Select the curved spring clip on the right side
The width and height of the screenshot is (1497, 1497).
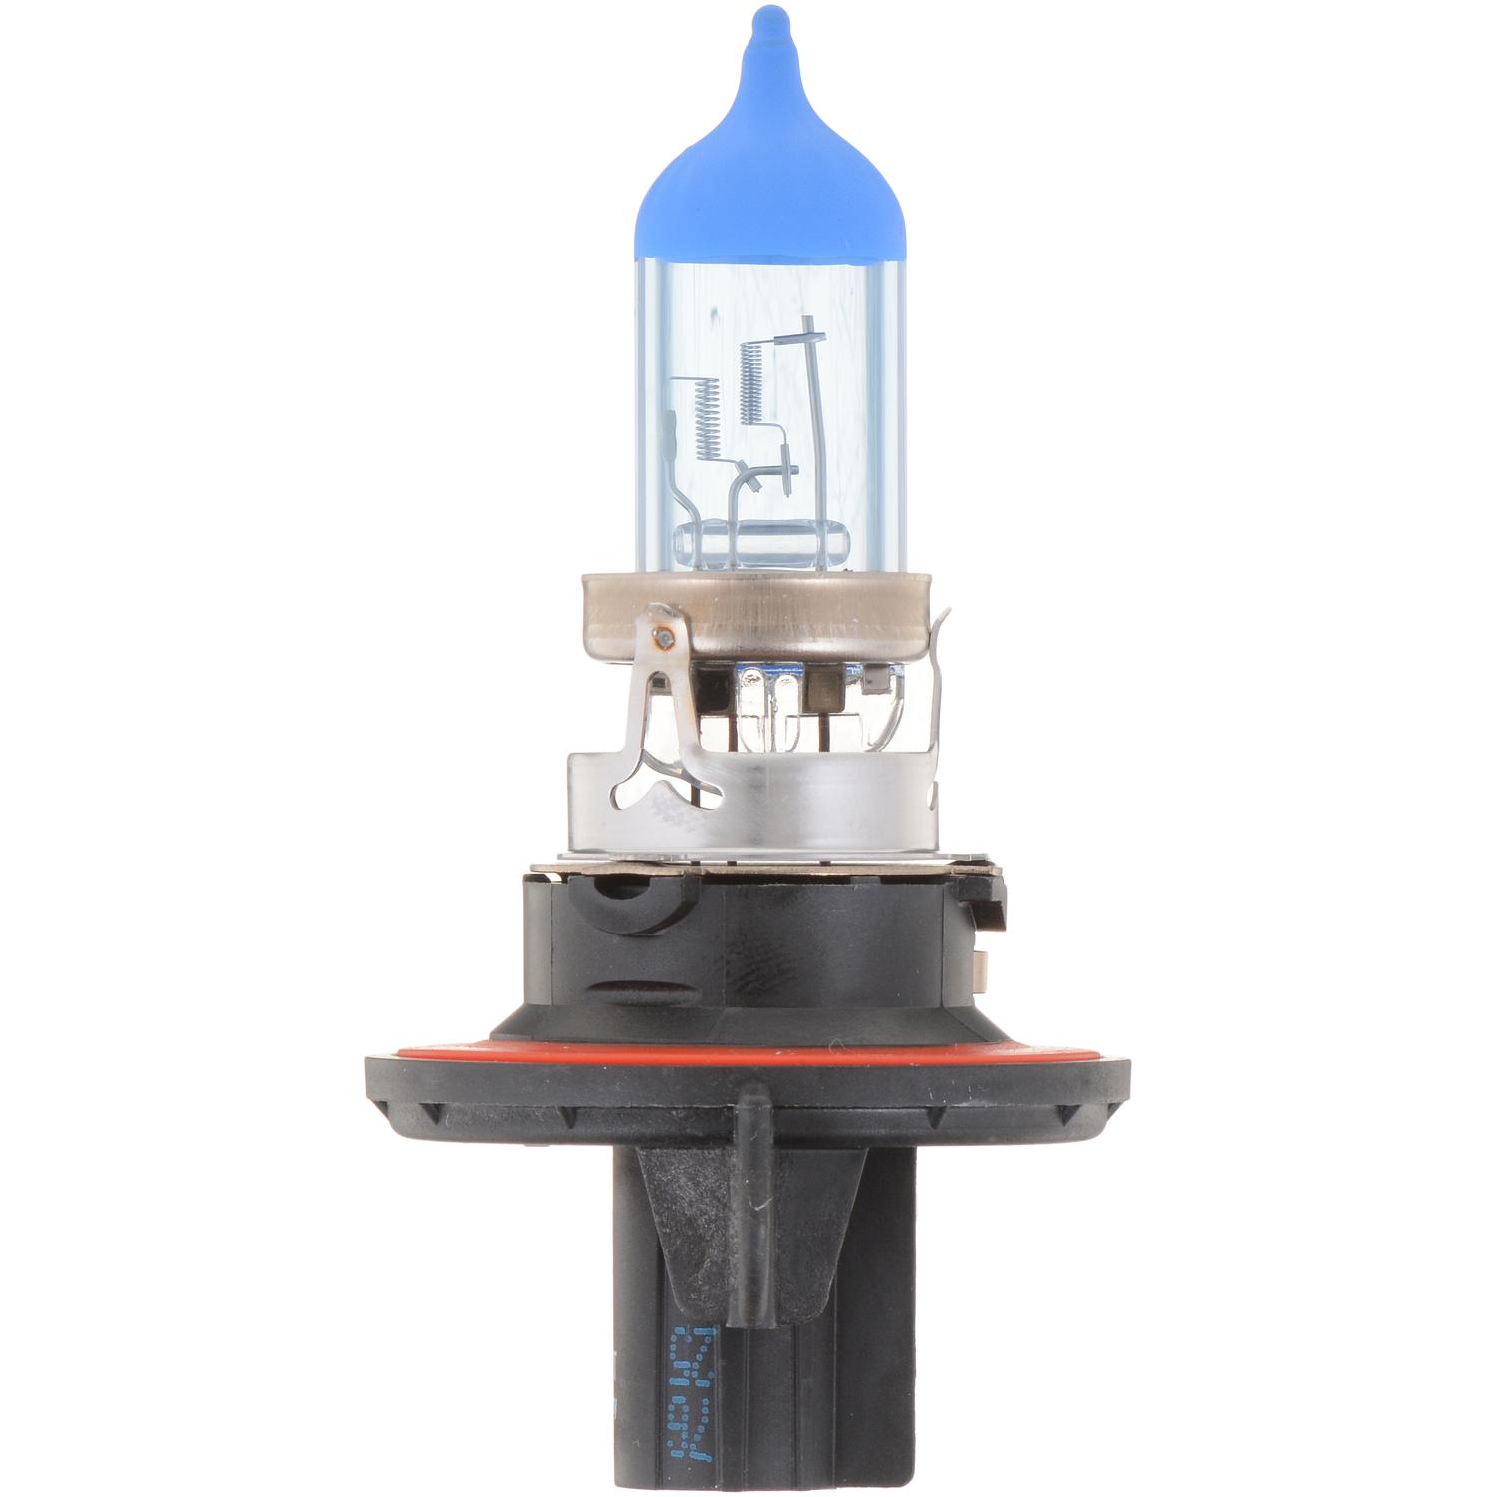(x=935, y=699)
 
